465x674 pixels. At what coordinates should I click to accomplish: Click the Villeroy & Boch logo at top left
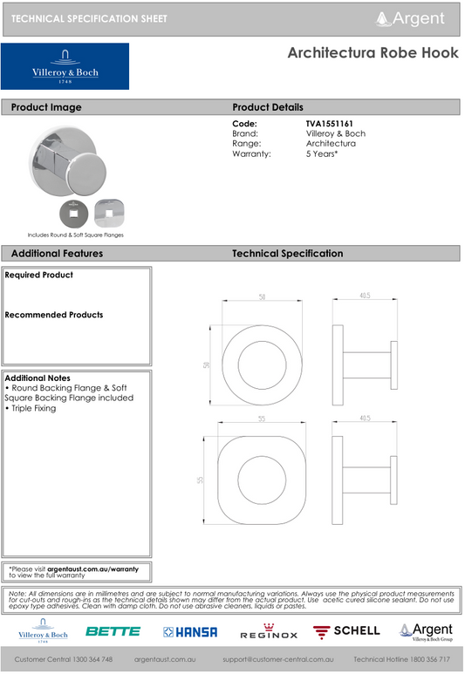[65, 67]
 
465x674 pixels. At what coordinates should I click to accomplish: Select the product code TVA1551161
[329, 124]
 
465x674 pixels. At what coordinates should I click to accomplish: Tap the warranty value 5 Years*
[322, 153]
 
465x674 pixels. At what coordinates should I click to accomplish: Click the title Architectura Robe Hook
[373, 53]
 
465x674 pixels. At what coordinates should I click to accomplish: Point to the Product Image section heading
[46, 107]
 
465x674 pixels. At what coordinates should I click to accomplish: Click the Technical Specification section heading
[287, 254]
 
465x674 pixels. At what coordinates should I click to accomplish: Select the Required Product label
[39, 276]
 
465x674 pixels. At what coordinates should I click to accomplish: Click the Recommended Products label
[54, 315]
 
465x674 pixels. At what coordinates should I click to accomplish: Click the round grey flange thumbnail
[68, 211]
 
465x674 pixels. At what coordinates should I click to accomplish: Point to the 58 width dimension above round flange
[262, 297]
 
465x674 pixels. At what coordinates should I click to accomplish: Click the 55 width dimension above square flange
[261, 419]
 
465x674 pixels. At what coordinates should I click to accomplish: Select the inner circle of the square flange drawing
[260, 479]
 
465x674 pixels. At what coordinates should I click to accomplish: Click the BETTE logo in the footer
[113, 631]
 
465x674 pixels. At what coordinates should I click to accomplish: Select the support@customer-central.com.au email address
[278, 660]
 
